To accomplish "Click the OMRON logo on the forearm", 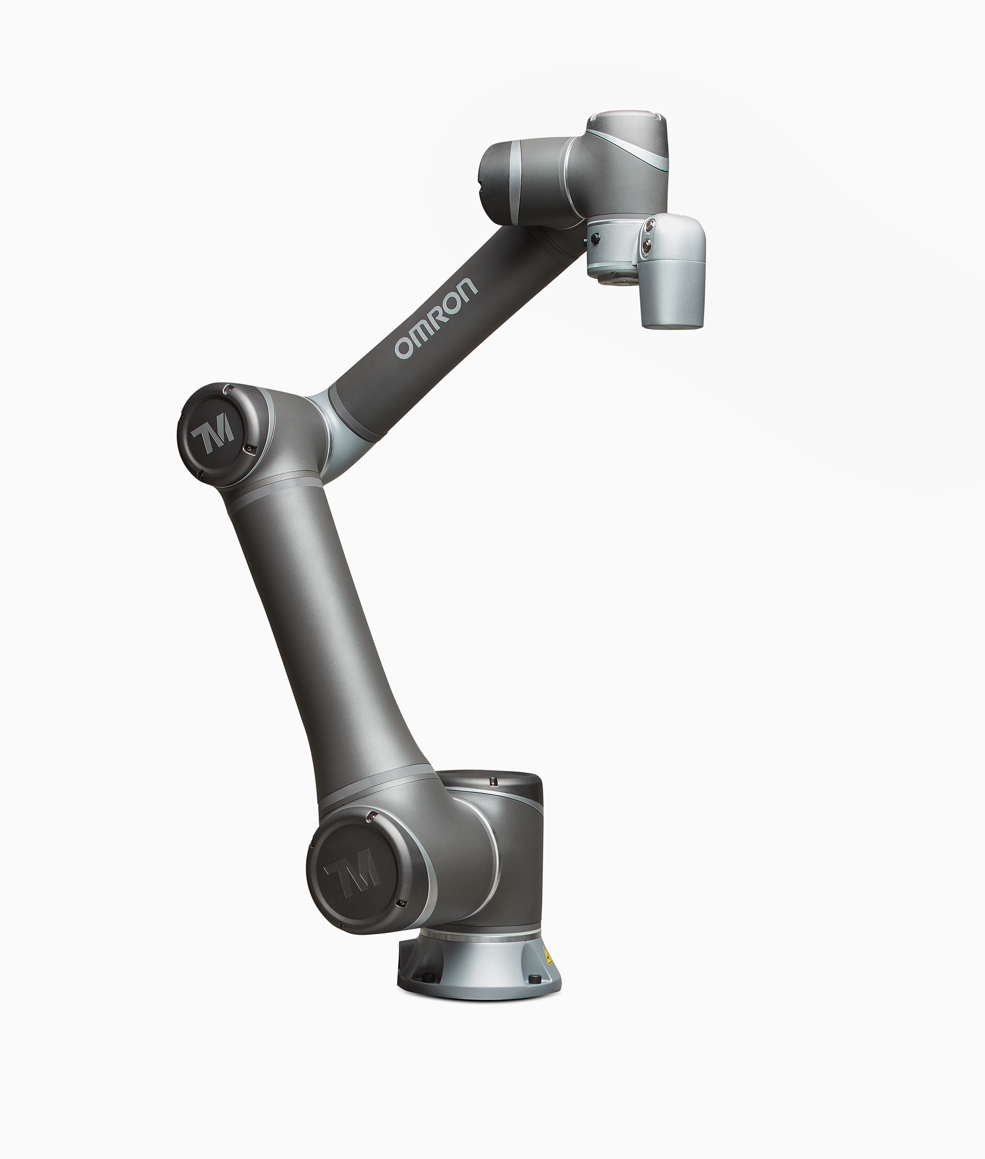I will point(436,318).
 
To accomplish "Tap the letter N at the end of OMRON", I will point(468,286).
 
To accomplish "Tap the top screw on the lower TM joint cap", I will point(369,818).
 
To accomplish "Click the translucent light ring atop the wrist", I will point(628,119).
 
